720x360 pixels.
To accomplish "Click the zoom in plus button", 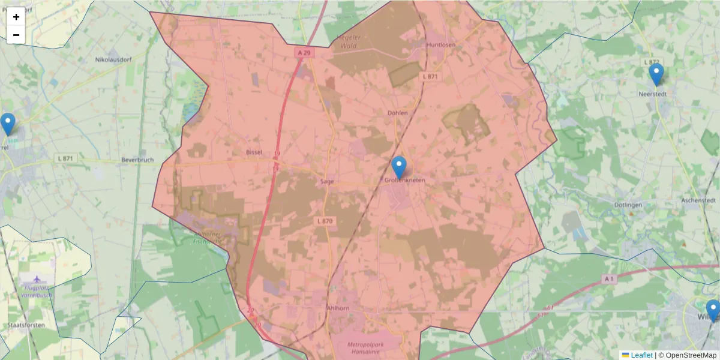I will pyautogui.click(x=16, y=17).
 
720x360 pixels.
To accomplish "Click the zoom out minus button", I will pyautogui.click(x=16, y=35).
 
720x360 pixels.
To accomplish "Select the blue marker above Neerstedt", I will pyautogui.click(x=656, y=75).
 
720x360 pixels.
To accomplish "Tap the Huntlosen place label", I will pyautogui.click(x=442, y=45).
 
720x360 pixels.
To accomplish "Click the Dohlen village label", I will pyautogui.click(x=398, y=113).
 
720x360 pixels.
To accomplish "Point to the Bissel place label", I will pyautogui.click(x=254, y=152).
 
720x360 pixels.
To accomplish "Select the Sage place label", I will pyautogui.click(x=327, y=181).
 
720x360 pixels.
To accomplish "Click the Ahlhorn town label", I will pyautogui.click(x=337, y=308).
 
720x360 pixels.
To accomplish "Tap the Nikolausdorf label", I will pyautogui.click(x=113, y=60).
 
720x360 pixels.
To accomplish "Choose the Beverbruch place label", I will pyautogui.click(x=137, y=160).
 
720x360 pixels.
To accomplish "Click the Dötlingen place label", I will pyautogui.click(x=628, y=205).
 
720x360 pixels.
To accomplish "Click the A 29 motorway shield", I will pyautogui.click(x=305, y=53).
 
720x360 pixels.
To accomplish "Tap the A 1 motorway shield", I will pyautogui.click(x=609, y=279).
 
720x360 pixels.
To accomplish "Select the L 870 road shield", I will pyautogui.click(x=324, y=221).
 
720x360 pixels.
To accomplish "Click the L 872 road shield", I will pyautogui.click(x=651, y=62).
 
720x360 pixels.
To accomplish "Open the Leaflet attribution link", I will pyautogui.click(x=641, y=355).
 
